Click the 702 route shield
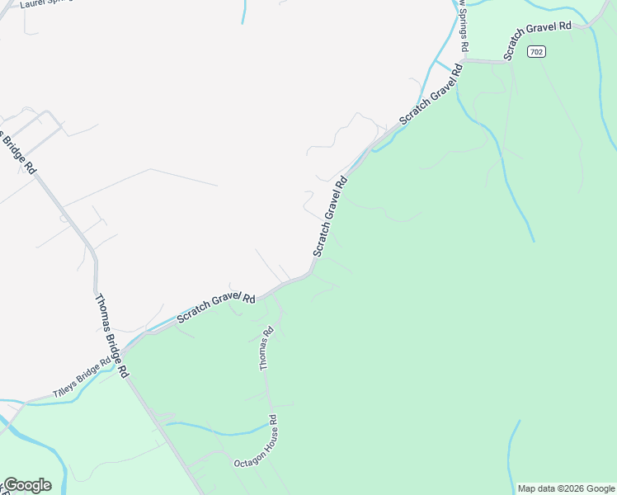click(537, 52)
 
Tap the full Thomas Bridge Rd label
click(111, 336)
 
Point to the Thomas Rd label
click(266, 349)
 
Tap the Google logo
click(26, 485)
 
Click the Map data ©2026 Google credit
click(567, 488)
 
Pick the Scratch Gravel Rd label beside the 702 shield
click(538, 38)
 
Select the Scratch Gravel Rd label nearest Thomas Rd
click(216, 308)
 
